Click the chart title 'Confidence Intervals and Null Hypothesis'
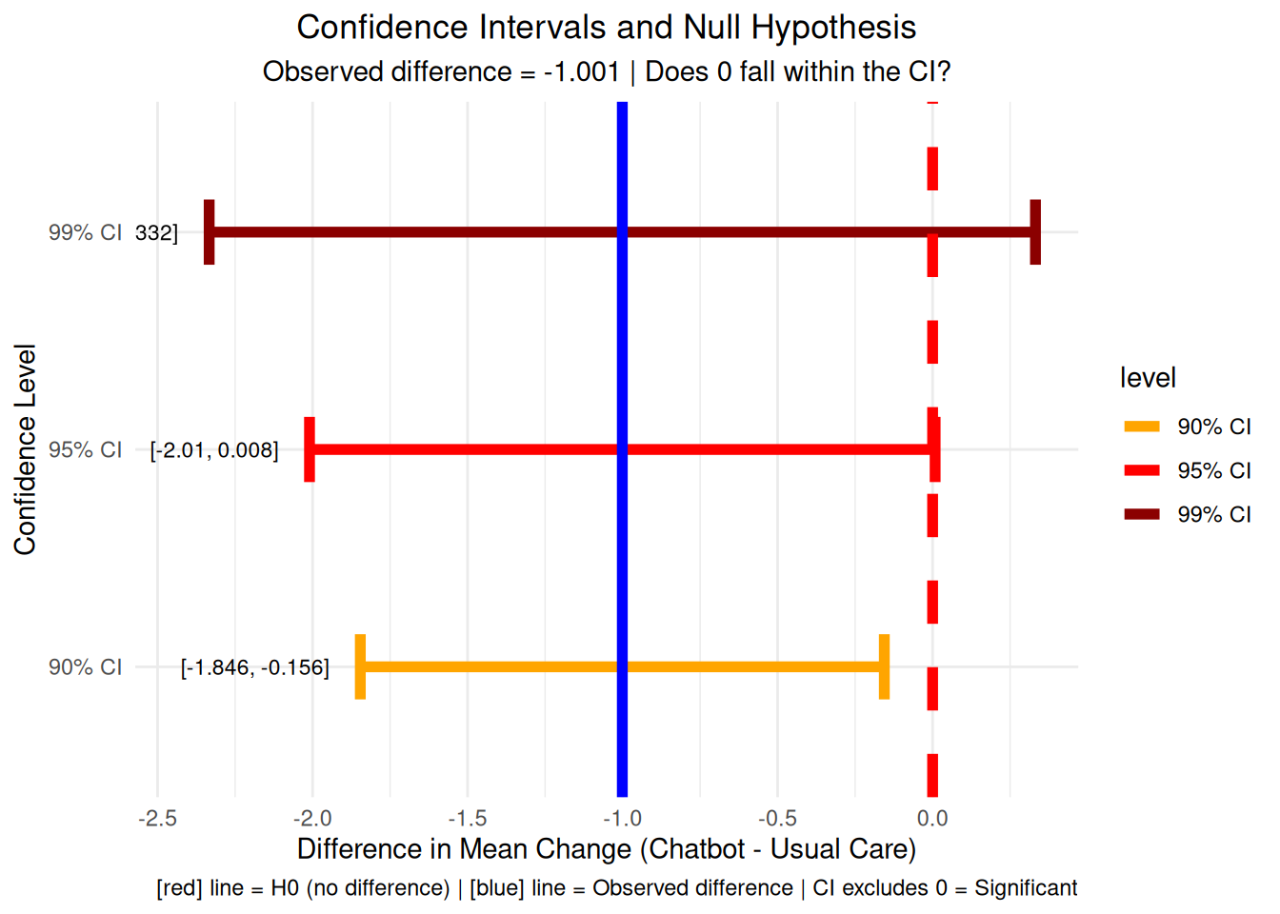pyautogui.click(x=606, y=28)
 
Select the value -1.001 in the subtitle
pyautogui.click(x=581, y=72)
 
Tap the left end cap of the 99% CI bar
pyautogui.click(x=210, y=232)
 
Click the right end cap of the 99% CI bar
pyautogui.click(x=1035, y=232)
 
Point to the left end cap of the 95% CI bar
pyautogui.click(x=310, y=449)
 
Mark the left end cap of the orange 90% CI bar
pyautogui.click(x=360, y=666)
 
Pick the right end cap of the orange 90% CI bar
pyautogui.click(x=884, y=666)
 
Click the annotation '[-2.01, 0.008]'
pyautogui.click(x=214, y=450)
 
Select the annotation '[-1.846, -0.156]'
pyautogui.click(x=255, y=667)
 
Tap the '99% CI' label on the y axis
pyautogui.click(x=85, y=233)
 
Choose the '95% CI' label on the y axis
pyautogui.click(x=85, y=450)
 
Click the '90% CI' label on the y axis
pyautogui.click(x=85, y=667)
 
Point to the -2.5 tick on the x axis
pyautogui.click(x=157, y=819)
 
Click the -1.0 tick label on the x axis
pyautogui.click(x=622, y=819)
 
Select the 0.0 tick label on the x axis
pyautogui.click(x=932, y=819)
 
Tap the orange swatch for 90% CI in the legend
pyautogui.click(x=1142, y=427)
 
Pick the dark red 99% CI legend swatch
pyautogui.click(x=1142, y=514)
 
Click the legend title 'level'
pyautogui.click(x=1148, y=378)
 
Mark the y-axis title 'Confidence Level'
pyautogui.click(x=25, y=449)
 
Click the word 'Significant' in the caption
pyautogui.click(x=1026, y=888)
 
